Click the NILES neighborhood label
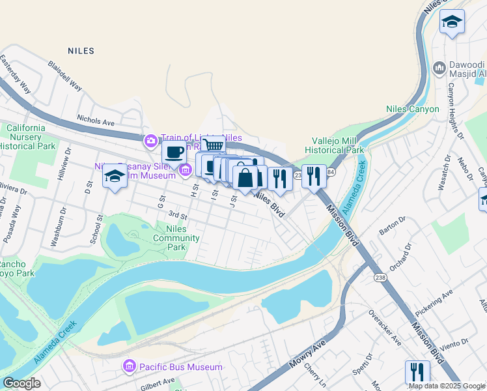(x=81, y=50)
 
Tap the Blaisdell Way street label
(x=65, y=76)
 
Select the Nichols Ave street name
(x=96, y=121)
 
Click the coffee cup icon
(x=174, y=154)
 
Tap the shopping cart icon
(x=213, y=145)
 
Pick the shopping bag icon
(x=245, y=177)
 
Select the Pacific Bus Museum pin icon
(x=130, y=367)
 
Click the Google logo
(x=21, y=383)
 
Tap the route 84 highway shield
(x=330, y=173)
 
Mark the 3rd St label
(x=177, y=214)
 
